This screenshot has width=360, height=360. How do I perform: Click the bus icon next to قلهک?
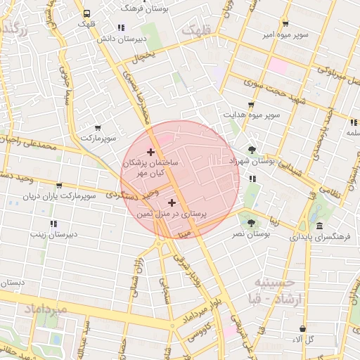[86, 13]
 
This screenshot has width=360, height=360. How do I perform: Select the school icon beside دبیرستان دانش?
[121, 28]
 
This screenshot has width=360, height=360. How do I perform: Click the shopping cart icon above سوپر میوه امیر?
[285, 23]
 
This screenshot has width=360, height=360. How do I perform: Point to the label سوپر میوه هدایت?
[252, 114]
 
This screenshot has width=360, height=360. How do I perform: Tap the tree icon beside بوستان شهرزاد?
[252, 149]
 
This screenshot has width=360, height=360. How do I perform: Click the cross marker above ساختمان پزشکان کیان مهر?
[150, 152]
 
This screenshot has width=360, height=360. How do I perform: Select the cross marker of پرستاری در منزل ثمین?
[172, 202]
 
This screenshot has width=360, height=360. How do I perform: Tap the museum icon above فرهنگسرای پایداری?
[320, 226]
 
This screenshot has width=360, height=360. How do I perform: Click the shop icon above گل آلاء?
[303, 328]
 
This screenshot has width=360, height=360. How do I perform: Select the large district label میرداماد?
[45, 309]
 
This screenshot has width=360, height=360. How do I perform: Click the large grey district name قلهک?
[196, 31]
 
